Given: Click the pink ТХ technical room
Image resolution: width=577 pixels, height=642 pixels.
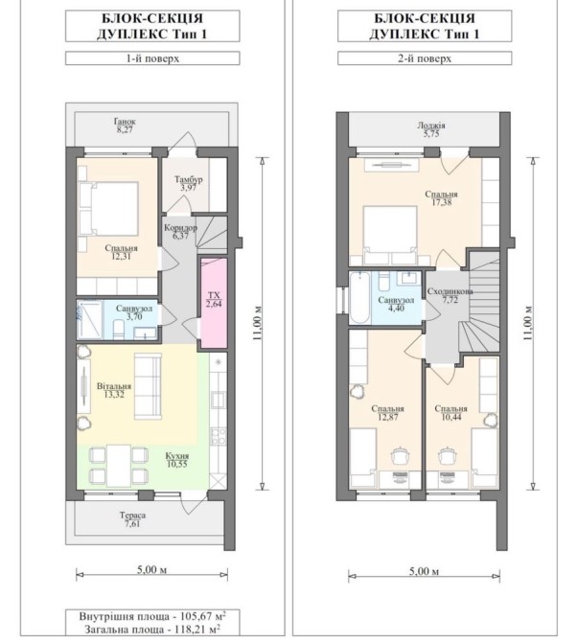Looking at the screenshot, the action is click(214, 303).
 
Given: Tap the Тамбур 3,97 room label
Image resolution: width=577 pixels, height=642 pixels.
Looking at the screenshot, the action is click(189, 183).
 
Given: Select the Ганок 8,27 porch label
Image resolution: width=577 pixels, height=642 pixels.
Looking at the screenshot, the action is click(125, 126).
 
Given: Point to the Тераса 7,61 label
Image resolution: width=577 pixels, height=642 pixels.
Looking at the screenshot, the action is click(132, 519).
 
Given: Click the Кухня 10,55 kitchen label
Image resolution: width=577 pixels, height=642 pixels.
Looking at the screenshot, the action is click(177, 460).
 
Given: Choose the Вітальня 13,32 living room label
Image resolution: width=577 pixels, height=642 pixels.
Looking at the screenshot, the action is click(114, 390).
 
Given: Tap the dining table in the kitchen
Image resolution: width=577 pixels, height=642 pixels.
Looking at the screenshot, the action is click(119, 465).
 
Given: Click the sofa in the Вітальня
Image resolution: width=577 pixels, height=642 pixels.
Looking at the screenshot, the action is click(148, 386).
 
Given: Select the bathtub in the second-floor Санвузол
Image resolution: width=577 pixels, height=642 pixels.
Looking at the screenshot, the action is click(360, 298).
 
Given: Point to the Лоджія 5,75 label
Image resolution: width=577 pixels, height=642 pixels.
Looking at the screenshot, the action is click(431, 129).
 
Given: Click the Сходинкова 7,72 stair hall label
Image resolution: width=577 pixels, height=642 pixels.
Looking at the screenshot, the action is click(450, 295).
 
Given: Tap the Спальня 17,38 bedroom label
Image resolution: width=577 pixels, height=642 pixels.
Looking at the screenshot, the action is click(441, 197).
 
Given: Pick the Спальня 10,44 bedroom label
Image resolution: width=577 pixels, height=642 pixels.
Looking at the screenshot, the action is click(450, 413).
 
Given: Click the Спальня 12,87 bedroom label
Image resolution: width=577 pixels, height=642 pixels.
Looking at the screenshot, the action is click(387, 413).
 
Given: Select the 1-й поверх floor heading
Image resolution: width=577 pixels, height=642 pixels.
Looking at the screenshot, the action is click(152, 58).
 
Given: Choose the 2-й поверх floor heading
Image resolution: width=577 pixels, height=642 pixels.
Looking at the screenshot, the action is click(425, 58).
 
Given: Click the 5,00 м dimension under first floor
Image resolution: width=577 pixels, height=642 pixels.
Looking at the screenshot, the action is click(152, 569).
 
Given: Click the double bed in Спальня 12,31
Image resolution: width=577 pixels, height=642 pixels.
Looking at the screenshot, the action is click(109, 209).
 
